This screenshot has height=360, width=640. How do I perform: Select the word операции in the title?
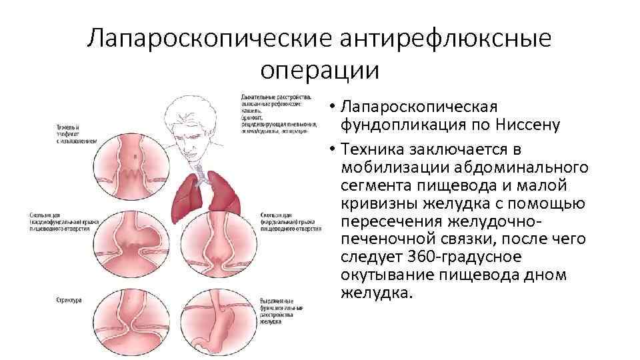[319, 69]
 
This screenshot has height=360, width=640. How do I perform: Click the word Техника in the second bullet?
[373, 147]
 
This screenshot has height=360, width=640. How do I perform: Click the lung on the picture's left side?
[187, 197]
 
